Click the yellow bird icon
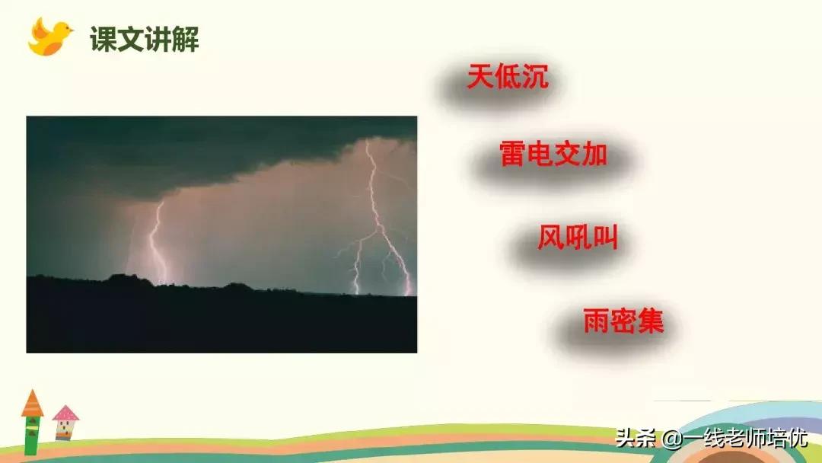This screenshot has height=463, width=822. point(49,37)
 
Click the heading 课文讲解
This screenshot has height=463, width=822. point(145,39)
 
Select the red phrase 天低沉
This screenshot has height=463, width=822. point(508,78)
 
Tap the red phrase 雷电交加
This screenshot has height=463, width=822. point(553,155)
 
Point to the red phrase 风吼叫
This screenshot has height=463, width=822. point(577,239)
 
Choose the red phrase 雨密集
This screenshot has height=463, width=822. point(623,321)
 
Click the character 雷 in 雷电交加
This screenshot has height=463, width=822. point(513,155)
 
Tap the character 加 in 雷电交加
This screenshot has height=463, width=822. point(594,155)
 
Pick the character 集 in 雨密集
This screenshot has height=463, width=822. point(651,321)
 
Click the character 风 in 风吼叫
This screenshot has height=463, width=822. point(550,239)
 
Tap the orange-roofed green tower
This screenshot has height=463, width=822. point(32,423)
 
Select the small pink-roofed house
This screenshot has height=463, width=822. point(66,423)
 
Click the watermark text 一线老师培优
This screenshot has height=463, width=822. point(744,439)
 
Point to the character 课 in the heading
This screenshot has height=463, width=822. point(104,39)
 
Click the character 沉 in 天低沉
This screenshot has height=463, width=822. point(535,78)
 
